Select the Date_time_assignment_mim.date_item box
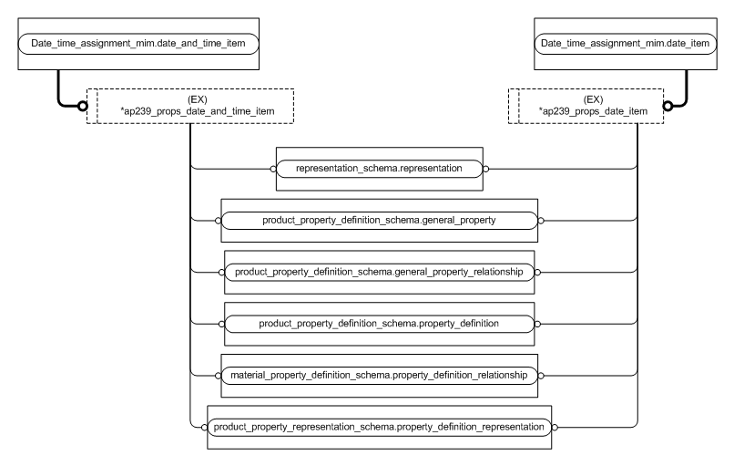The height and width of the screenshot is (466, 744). (610, 43)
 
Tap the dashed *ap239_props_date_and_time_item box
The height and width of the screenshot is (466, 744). (193, 106)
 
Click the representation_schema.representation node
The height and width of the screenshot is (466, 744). (379, 169)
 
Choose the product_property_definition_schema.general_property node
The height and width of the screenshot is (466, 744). (379, 221)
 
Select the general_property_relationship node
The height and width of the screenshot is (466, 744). (379, 273)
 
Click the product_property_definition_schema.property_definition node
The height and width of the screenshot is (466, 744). (379, 324)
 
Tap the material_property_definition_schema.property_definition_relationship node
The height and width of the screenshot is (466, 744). (379, 375)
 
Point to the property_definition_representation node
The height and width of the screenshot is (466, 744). (379, 426)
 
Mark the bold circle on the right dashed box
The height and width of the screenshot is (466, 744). (668, 106)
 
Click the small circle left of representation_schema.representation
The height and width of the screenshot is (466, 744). (272, 169)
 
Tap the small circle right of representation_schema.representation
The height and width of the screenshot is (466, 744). (486, 169)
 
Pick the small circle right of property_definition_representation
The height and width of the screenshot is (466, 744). (555, 426)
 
